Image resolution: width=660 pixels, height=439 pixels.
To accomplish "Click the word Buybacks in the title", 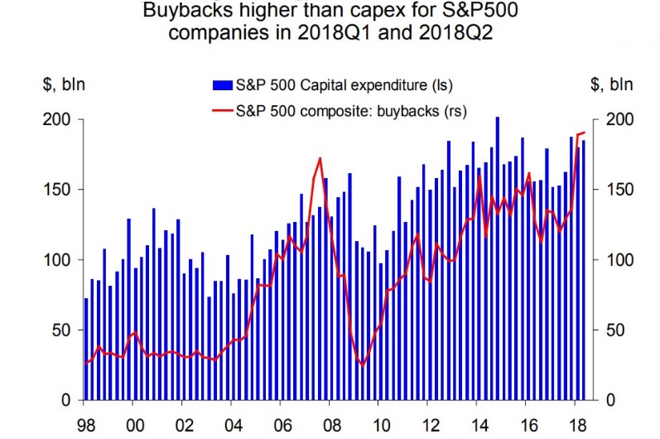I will click(177, 12).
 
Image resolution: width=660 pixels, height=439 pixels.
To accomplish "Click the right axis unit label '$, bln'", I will click(611, 84).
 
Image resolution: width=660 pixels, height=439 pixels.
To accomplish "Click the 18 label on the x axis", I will click(575, 422).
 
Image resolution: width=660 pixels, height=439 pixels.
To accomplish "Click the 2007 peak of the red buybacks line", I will click(320, 158).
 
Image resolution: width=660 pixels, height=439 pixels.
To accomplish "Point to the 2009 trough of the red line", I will click(362, 364).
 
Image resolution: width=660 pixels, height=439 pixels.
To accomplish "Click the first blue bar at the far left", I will click(86, 350).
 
